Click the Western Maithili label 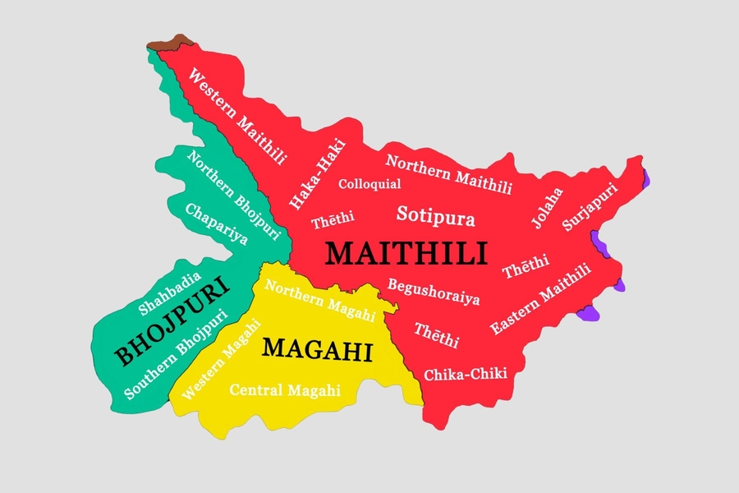pos(237,116)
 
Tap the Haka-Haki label pos(318,174)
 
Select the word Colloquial pos(369,184)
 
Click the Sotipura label pos(436,216)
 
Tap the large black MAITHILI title pos(406,253)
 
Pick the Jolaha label pos(548,208)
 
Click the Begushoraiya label pos(434,292)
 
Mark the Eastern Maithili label pos(540,299)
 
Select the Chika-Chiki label pos(466,374)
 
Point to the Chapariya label pos(216,223)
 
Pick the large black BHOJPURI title pos(172,321)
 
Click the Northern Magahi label pos(320,302)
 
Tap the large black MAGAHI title pos(317,350)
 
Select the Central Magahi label pos(285,391)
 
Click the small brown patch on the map pos(173,41)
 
